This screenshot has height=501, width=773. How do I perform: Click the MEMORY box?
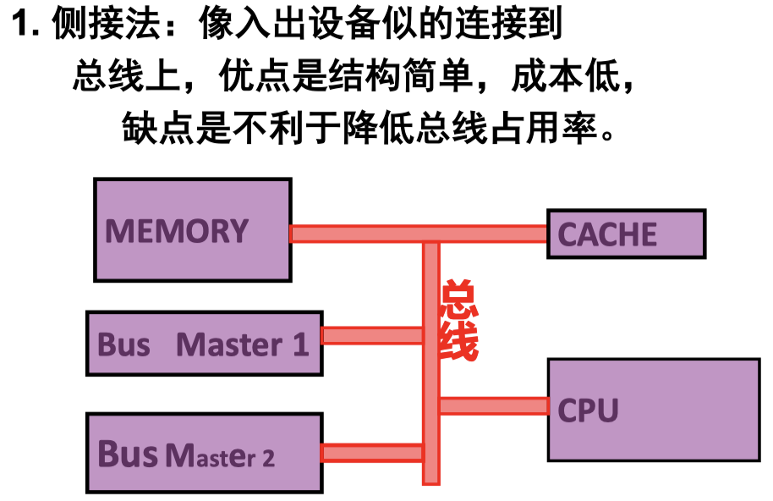(192, 254)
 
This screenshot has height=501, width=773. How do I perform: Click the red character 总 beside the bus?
(459, 300)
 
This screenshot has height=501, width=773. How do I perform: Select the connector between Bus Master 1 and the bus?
(372, 335)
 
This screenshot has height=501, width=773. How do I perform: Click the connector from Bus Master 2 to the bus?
(372, 453)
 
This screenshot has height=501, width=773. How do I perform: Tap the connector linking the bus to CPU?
(494, 405)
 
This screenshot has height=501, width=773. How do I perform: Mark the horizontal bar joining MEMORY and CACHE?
(419, 233)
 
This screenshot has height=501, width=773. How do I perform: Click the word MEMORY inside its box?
(176, 231)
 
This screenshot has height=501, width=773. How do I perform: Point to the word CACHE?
(607, 234)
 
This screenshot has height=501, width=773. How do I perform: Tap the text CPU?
(588, 410)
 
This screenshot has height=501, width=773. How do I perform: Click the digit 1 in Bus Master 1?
(300, 344)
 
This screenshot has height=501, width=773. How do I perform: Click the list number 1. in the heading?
(26, 25)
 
